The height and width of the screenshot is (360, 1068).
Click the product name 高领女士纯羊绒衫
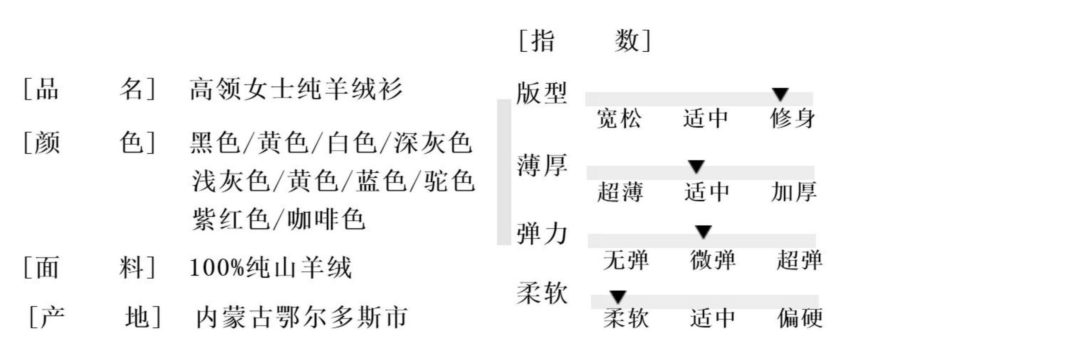[296, 89]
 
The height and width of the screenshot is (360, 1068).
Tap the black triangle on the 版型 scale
[780, 94]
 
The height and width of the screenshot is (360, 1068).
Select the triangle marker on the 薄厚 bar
[696, 166]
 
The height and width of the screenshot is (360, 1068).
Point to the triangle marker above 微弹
[703, 232]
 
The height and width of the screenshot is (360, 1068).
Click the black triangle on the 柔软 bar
[618, 297]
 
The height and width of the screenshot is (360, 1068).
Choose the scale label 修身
[792, 118]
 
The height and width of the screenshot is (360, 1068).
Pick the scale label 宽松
[619, 118]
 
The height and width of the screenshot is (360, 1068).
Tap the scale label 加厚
[793, 192]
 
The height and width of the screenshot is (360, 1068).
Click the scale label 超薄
[620, 192]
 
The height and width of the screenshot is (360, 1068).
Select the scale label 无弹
[626, 260]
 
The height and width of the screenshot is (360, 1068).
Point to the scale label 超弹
[799, 260]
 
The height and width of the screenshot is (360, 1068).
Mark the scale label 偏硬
[800, 318]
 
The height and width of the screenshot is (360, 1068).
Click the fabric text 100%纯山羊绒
[270, 267]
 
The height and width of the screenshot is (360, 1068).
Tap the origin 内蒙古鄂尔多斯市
[301, 318]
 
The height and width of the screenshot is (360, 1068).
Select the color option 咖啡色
[326, 219]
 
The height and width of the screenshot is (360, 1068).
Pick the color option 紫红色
[231, 219]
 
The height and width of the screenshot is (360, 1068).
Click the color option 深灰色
[433, 143]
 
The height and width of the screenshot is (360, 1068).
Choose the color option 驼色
[449, 181]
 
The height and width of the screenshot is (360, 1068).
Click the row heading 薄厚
[542, 166]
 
